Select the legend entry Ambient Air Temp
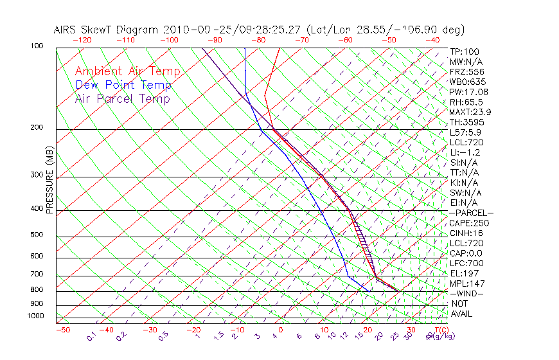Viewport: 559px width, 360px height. point(127,71)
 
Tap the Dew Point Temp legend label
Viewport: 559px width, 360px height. point(123,85)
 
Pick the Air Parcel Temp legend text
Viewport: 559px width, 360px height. point(122,98)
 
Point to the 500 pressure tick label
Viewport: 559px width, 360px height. point(37,235)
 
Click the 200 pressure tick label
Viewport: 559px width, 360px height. point(37,128)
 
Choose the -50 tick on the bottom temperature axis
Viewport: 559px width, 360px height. point(62,330)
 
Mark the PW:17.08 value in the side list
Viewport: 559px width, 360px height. point(468,92)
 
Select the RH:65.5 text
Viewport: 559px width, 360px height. point(466,102)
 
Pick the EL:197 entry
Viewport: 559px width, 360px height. point(465,273)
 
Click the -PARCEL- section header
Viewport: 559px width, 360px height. point(471,213)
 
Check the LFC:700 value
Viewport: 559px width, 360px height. point(466,264)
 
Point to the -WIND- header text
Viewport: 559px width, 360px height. point(466,293)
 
